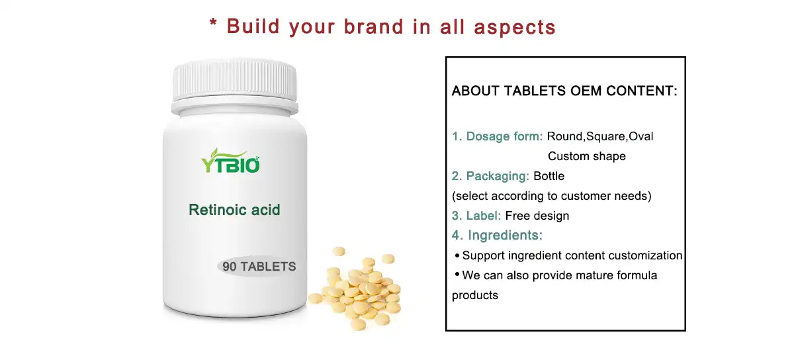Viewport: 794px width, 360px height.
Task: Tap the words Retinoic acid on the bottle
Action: [x=234, y=210]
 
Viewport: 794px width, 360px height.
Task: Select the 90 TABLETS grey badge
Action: [x=259, y=267]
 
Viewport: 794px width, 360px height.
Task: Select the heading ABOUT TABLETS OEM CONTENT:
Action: [x=564, y=91]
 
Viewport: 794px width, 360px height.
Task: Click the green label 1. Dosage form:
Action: [x=497, y=136]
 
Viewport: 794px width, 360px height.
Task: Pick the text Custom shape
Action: [x=586, y=156]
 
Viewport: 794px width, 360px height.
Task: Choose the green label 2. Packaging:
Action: [x=490, y=176]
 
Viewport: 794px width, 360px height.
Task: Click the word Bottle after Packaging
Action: [x=549, y=176]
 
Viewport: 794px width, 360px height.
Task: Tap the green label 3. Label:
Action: [x=476, y=216]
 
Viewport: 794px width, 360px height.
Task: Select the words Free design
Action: [x=537, y=216]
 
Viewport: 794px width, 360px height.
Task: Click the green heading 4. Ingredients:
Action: [x=497, y=236]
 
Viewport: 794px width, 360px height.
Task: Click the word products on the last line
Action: [x=474, y=295]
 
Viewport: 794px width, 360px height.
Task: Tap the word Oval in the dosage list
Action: [x=640, y=136]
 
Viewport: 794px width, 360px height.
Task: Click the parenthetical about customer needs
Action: [x=551, y=196]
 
